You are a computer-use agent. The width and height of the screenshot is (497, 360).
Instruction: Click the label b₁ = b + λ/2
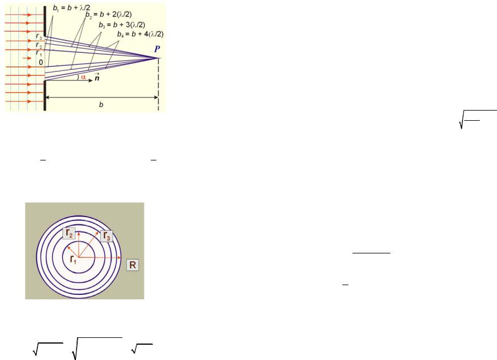click(71, 8)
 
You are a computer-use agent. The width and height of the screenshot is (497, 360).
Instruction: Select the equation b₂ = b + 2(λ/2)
click(108, 15)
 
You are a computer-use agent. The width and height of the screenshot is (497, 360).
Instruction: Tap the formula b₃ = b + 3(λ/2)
click(122, 25)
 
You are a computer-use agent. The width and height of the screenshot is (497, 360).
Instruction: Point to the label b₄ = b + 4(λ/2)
click(140, 34)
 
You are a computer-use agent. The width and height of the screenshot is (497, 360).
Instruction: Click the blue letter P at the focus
click(157, 49)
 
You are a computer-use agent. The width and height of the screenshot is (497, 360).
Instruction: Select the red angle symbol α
click(83, 77)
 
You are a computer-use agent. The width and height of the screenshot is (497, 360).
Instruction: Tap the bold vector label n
click(97, 77)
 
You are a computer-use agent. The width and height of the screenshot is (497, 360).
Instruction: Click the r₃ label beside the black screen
click(39, 36)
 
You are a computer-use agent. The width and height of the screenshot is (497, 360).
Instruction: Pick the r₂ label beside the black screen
click(39, 45)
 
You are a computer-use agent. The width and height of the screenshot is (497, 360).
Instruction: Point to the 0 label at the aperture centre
click(41, 62)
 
